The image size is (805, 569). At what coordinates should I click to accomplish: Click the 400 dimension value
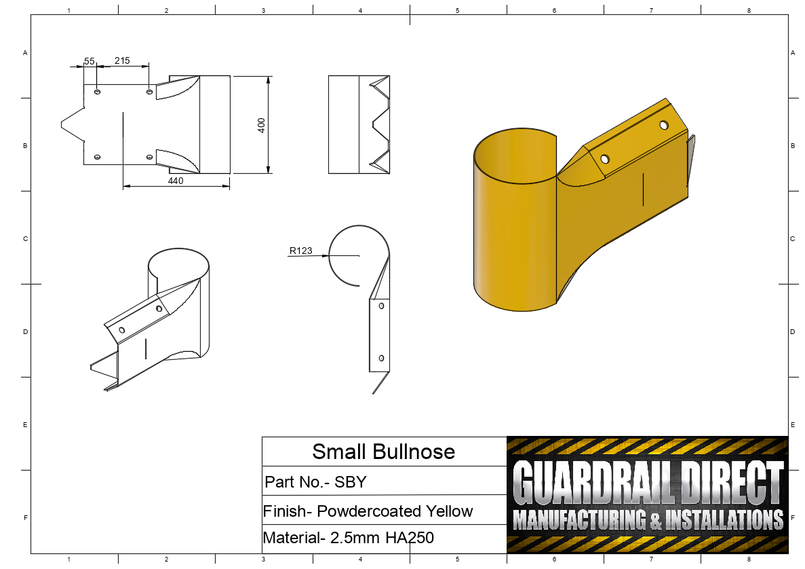[261, 125]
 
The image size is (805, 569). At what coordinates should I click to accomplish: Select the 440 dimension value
[176, 181]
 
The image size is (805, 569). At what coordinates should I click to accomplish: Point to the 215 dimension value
[122, 60]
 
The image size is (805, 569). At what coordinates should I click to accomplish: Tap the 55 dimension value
[89, 61]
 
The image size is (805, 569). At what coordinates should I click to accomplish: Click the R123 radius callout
[300, 251]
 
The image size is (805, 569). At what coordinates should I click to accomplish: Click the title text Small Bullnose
[383, 452]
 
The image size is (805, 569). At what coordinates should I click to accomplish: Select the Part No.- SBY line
[315, 482]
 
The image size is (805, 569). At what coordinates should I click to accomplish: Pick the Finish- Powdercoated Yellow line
[368, 511]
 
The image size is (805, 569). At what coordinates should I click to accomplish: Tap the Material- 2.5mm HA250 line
[348, 538]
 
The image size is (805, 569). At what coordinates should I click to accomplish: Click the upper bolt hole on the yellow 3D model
[663, 125]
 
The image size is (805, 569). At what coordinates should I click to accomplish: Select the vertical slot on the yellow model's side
[643, 188]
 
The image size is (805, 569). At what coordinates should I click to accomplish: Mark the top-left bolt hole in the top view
[98, 92]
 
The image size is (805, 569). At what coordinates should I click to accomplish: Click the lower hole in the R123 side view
[381, 358]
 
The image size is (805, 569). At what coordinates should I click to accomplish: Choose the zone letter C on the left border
[24, 239]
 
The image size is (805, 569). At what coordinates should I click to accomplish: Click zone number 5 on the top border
[458, 10]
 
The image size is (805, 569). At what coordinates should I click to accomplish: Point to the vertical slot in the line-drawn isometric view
[146, 348]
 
